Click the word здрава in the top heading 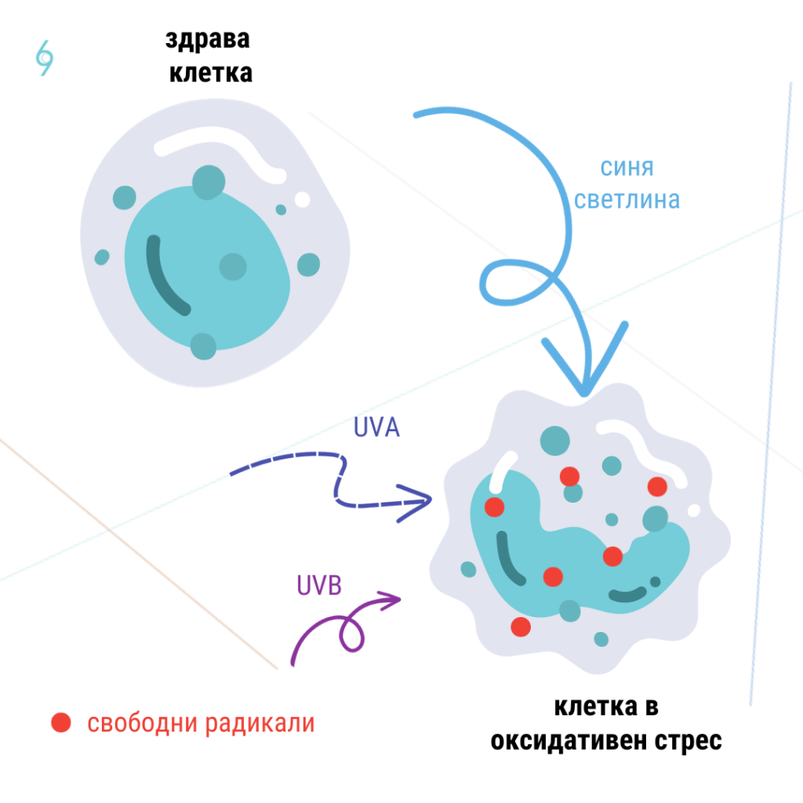pyautogui.click(x=208, y=41)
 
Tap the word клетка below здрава pyautogui.click(x=210, y=74)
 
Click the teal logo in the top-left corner pyautogui.click(x=45, y=57)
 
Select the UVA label pyautogui.click(x=376, y=428)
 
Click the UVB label pyautogui.click(x=319, y=585)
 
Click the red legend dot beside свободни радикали pyautogui.click(x=61, y=722)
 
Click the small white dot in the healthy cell pyautogui.click(x=302, y=200)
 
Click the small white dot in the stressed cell pyautogui.click(x=693, y=511)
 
